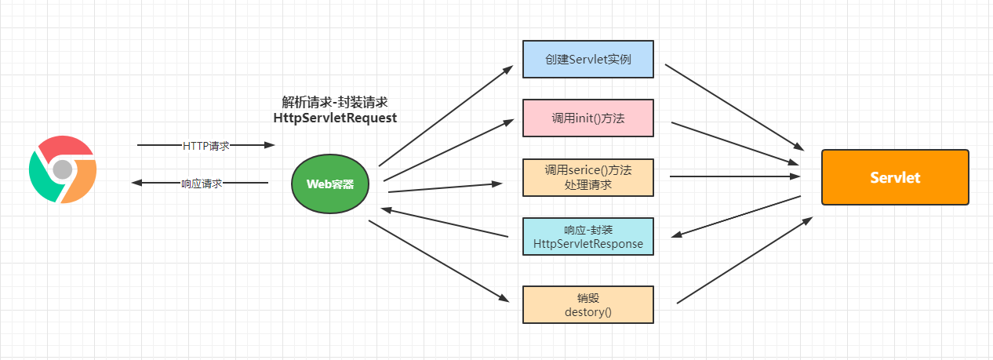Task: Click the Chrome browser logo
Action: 63,169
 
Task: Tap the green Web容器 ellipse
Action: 330,184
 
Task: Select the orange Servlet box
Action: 895,177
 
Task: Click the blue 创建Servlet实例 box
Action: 587,59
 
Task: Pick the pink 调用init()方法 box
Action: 587,118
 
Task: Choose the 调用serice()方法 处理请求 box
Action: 587,178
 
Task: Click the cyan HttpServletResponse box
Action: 587,237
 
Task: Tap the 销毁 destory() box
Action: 587,304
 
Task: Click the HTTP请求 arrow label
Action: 206,145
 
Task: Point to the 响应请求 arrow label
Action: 202,183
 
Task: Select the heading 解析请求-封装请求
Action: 335,102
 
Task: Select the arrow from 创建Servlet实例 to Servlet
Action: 735,107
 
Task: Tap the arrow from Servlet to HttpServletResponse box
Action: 737,216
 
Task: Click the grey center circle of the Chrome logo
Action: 63,169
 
